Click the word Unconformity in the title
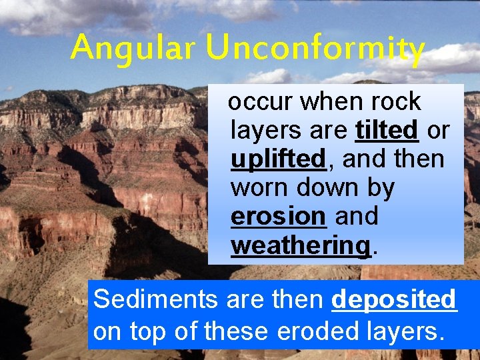pos(315,48)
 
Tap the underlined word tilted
pos(387,131)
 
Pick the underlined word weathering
pos(301,246)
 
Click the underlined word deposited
pos(394,300)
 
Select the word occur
pos(260,102)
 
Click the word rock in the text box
pos(397,102)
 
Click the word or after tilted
pos(438,131)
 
